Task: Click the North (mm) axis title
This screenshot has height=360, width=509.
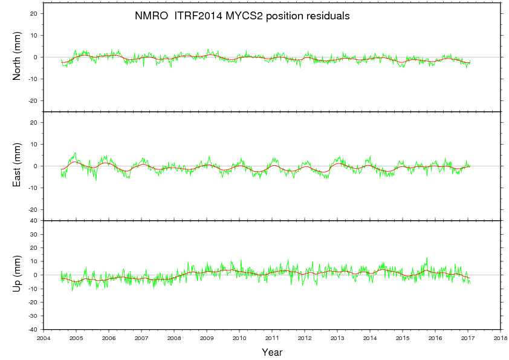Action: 18,57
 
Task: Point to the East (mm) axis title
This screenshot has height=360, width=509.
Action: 18,166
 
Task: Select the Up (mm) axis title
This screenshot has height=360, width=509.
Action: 18,275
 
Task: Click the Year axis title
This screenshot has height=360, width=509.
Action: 272,352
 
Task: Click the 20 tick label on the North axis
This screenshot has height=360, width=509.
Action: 34,13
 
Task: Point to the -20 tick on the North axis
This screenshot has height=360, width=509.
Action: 33,100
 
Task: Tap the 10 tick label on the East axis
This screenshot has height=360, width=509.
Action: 34,144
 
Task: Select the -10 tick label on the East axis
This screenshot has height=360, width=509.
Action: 33,188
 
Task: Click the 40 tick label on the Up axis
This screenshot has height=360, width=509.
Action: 34,220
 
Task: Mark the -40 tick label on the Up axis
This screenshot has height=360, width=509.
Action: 33,329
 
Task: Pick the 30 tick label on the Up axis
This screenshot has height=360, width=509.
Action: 34,234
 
